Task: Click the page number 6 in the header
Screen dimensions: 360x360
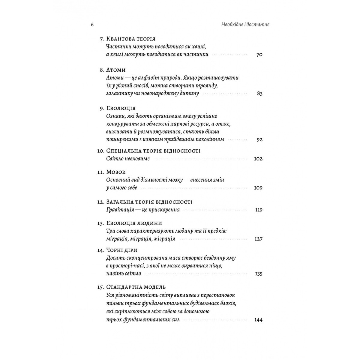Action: pos(92,25)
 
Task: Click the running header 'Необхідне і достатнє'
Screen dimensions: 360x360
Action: pos(243,25)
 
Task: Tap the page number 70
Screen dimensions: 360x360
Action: pos(259,55)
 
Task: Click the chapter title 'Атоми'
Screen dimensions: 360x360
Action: pos(116,70)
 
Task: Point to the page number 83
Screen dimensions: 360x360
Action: pos(259,94)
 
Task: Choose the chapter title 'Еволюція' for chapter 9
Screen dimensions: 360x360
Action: pos(121,108)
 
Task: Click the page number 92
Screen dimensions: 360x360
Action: pos(259,139)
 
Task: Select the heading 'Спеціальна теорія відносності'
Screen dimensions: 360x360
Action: pos(153,151)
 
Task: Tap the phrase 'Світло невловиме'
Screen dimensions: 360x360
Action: pos(128,159)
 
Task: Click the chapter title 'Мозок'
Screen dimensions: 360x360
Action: pos(116,172)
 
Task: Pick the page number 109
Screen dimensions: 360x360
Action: pos(258,188)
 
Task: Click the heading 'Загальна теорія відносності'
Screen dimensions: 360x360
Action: pos(149,202)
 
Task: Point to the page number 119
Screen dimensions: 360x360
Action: pos(259,210)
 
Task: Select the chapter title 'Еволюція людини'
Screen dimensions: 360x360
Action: pos(134,223)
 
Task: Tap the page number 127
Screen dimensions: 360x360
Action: pos(258,239)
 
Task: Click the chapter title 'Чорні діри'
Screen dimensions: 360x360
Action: pos(122,250)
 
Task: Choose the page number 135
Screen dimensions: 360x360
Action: pos(258,274)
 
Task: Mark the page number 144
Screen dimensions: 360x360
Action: pos(258,320)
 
